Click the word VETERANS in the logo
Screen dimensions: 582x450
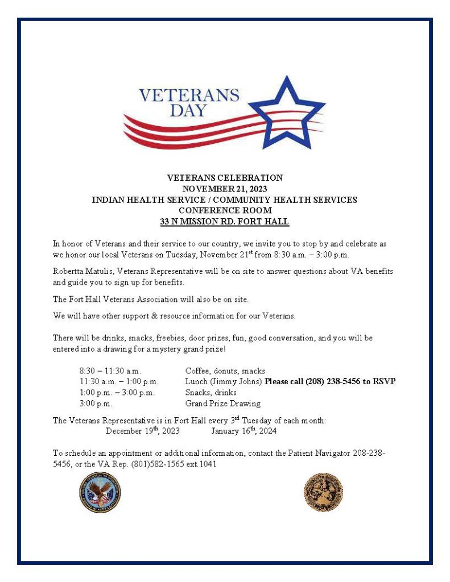[189, 94]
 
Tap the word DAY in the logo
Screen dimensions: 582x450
[188, 110]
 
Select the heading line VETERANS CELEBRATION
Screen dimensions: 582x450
[225, 178]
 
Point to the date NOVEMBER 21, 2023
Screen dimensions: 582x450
[225, 189]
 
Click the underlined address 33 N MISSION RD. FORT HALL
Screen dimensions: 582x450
[225, 221]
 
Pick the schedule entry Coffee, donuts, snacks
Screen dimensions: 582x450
[225, 371]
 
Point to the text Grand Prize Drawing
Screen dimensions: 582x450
[223, 404]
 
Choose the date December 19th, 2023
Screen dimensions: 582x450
[143, 431]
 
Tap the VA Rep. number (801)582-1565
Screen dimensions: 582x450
[163, 464]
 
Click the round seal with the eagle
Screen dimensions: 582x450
[100, 492]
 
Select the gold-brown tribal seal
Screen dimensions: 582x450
[323, 492]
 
